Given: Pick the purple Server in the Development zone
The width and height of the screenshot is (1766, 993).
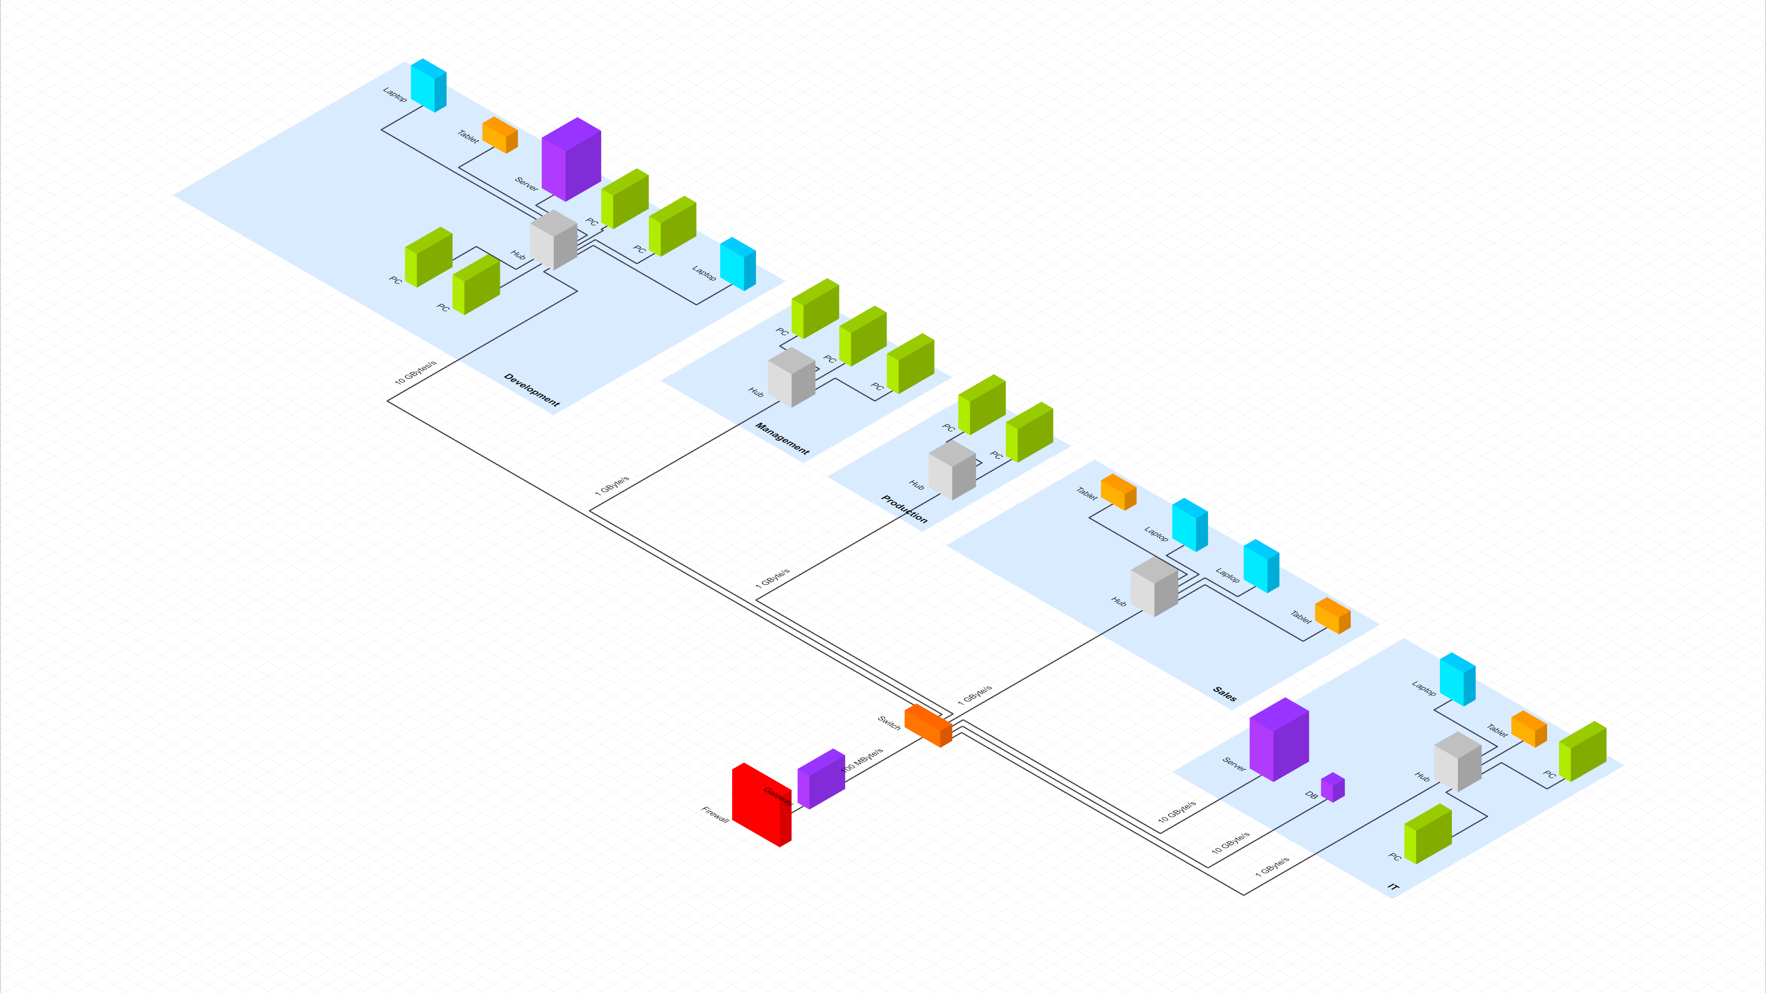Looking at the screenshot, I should [571, 159].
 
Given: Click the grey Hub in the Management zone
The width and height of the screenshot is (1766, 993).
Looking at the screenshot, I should [791, 377].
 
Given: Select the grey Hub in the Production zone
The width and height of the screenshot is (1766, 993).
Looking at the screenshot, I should [952, 470].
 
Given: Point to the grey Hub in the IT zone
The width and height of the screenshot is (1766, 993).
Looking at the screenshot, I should [1457, 761].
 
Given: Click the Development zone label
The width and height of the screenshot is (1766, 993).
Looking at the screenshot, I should [531, 389].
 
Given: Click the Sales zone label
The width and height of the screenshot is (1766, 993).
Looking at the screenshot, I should [1224, 694].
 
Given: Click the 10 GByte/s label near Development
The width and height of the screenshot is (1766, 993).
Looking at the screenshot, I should [415, 372].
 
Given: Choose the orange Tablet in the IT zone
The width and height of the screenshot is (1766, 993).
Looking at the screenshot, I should [1529, 729].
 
